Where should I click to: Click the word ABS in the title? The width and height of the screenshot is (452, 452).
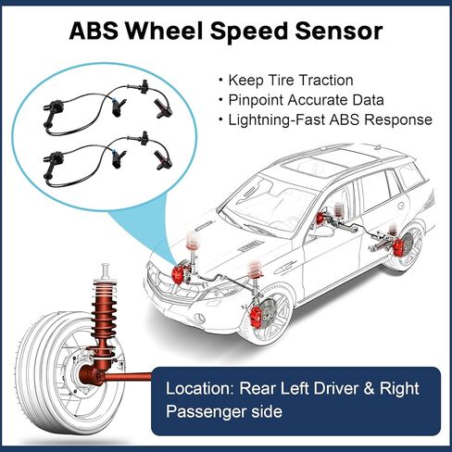(94, 31)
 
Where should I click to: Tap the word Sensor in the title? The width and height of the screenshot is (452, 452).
(339, 31)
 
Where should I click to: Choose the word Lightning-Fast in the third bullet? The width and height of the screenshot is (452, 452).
(276, 119)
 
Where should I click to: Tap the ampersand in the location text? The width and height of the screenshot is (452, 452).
(369, 388)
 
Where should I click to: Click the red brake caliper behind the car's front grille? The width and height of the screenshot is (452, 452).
(178, 275)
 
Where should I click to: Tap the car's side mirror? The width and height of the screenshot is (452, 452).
(322, 232)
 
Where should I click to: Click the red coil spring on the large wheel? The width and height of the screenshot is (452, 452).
(104, 315)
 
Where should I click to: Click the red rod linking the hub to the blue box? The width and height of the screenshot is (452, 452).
(129, 377)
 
